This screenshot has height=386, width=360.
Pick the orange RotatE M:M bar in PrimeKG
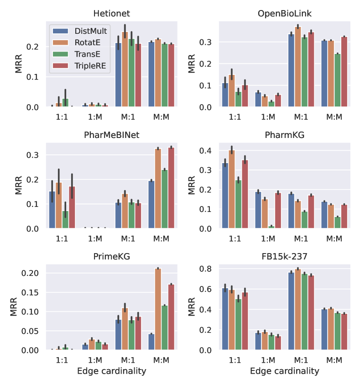point(158,309)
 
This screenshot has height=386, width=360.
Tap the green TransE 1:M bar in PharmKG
point(272,227)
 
